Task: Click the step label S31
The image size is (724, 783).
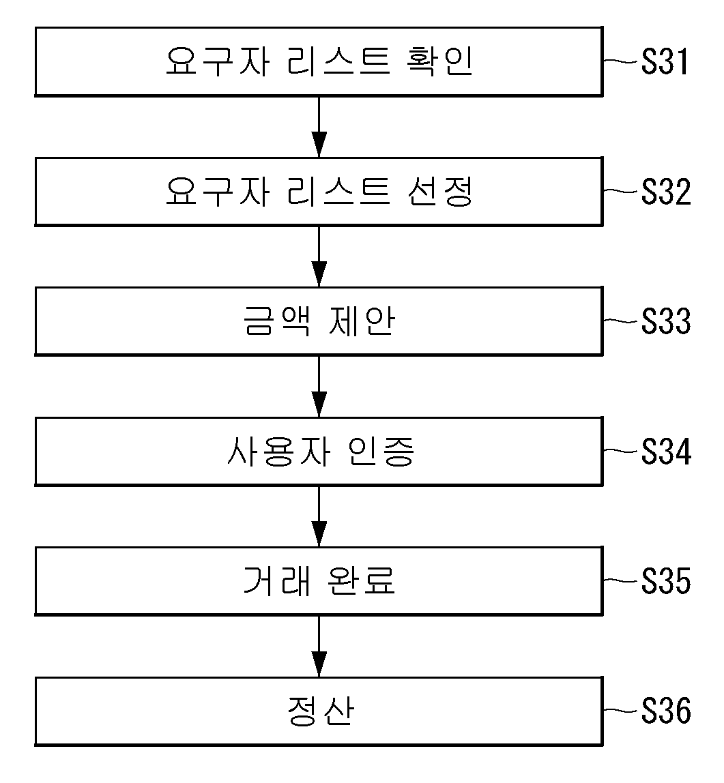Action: click(x=665, y=62)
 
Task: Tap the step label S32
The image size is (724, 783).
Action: click(x=666, y=192)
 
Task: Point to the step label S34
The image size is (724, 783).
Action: click(x=666, y=452)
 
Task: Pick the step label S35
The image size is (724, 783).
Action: click(x=666, y=580)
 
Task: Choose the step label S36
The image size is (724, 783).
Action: click(x=666, y=711)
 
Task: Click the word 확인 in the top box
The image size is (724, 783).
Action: click(x=439, y=61)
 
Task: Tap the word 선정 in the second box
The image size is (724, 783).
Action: click(x=439, y=191)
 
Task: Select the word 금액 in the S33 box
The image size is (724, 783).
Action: click(x=277, y=321)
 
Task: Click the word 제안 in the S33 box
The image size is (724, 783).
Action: click(x=362, y=321)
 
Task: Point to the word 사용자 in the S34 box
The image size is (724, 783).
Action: click(x=278, y=451)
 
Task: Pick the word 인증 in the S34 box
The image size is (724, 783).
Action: click(x=381, y=451)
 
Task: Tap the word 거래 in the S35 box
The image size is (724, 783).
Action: click(x=277, y=580)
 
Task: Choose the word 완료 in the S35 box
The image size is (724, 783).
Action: click(x=362, y=580)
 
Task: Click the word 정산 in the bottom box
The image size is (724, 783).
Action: click(x=321, y=711)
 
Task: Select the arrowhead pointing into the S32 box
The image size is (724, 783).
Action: click(x=319, y=145)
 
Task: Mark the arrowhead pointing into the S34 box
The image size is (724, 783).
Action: click(x=319, y=404)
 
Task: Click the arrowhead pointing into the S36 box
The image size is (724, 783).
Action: click(x=319, y=664)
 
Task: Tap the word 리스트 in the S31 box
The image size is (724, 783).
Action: click(x=338, y=61)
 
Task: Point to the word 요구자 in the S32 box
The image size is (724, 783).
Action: click(x=218, y=191)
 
